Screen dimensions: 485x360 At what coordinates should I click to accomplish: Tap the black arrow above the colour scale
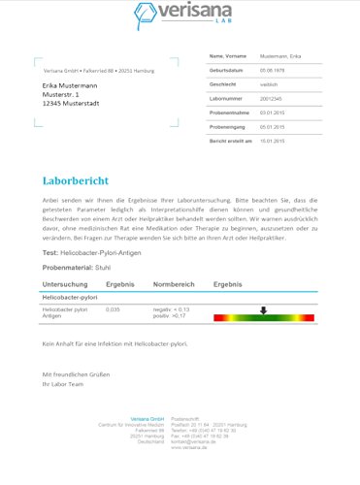pyautogui.click(x=263, y=309)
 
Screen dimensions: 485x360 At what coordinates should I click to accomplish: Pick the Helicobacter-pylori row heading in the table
pyautogui.click(x=68, y=297)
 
